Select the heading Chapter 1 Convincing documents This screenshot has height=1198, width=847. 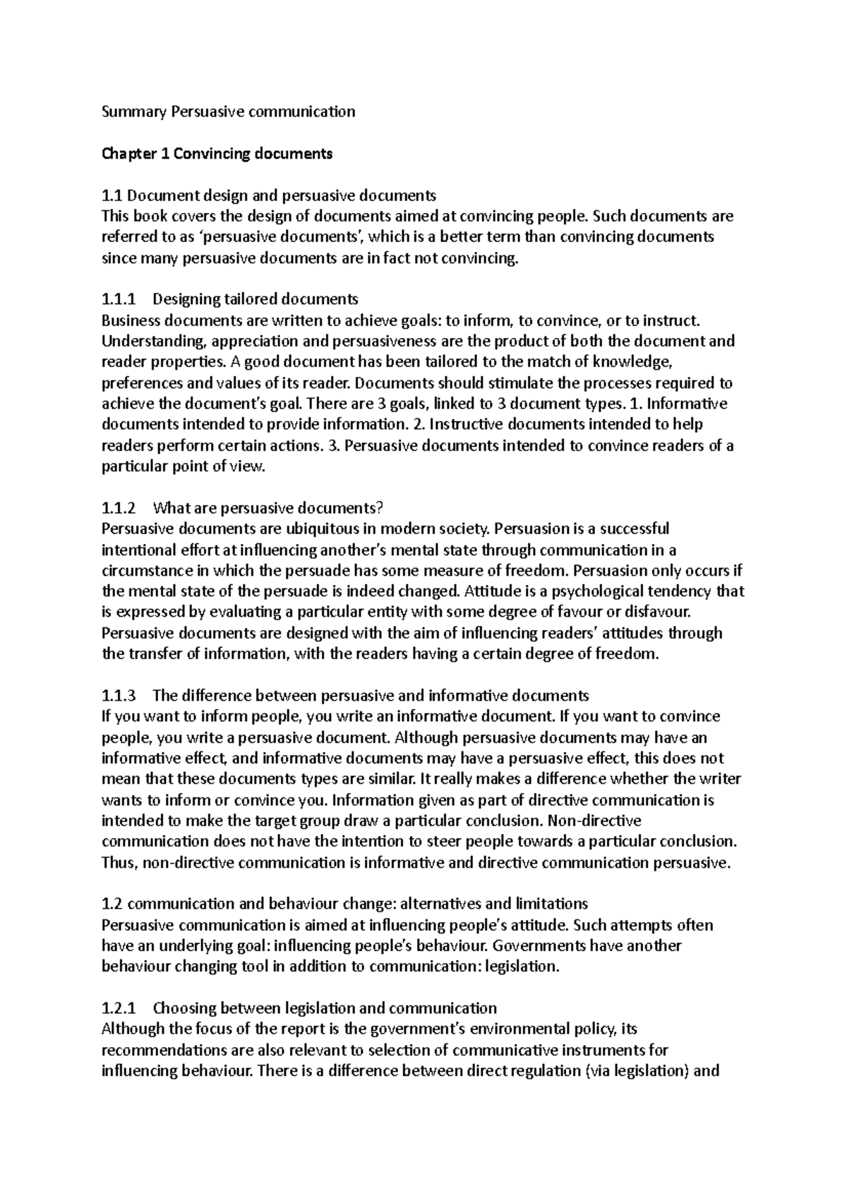coord(217,153)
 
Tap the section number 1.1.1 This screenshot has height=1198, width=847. coord(118,299)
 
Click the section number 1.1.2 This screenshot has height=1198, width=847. coord(118,508)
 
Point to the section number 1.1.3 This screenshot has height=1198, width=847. coord(118,696)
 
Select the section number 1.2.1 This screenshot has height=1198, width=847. coord(118,1008)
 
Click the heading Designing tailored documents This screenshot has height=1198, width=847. coord(256,299)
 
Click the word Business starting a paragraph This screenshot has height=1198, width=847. coord(131,320)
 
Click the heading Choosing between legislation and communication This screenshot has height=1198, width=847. coord(325,1008)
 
